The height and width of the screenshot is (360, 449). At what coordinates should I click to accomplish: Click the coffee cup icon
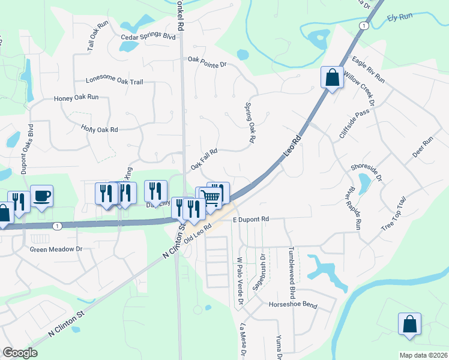(42, 196)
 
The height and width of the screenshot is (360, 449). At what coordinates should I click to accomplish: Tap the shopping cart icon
(211, 196)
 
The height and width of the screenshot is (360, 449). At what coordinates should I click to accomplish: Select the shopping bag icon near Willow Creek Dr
(332, 77)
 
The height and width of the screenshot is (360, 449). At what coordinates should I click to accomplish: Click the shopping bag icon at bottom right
(409, 323)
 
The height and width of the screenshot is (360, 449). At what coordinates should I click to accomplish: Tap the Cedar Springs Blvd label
(148, 36)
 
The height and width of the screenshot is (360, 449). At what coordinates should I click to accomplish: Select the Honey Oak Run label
(76, 98)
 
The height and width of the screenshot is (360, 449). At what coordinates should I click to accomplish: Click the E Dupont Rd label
(250, 220)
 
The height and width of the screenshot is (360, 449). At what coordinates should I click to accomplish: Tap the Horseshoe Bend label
(292, 305)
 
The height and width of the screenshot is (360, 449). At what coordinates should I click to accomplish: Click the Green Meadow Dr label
(56, 248)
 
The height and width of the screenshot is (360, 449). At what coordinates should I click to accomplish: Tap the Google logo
(20, 353)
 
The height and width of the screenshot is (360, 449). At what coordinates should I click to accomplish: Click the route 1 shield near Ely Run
(363, 26)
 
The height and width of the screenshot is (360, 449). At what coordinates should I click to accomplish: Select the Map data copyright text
(423, 355)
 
